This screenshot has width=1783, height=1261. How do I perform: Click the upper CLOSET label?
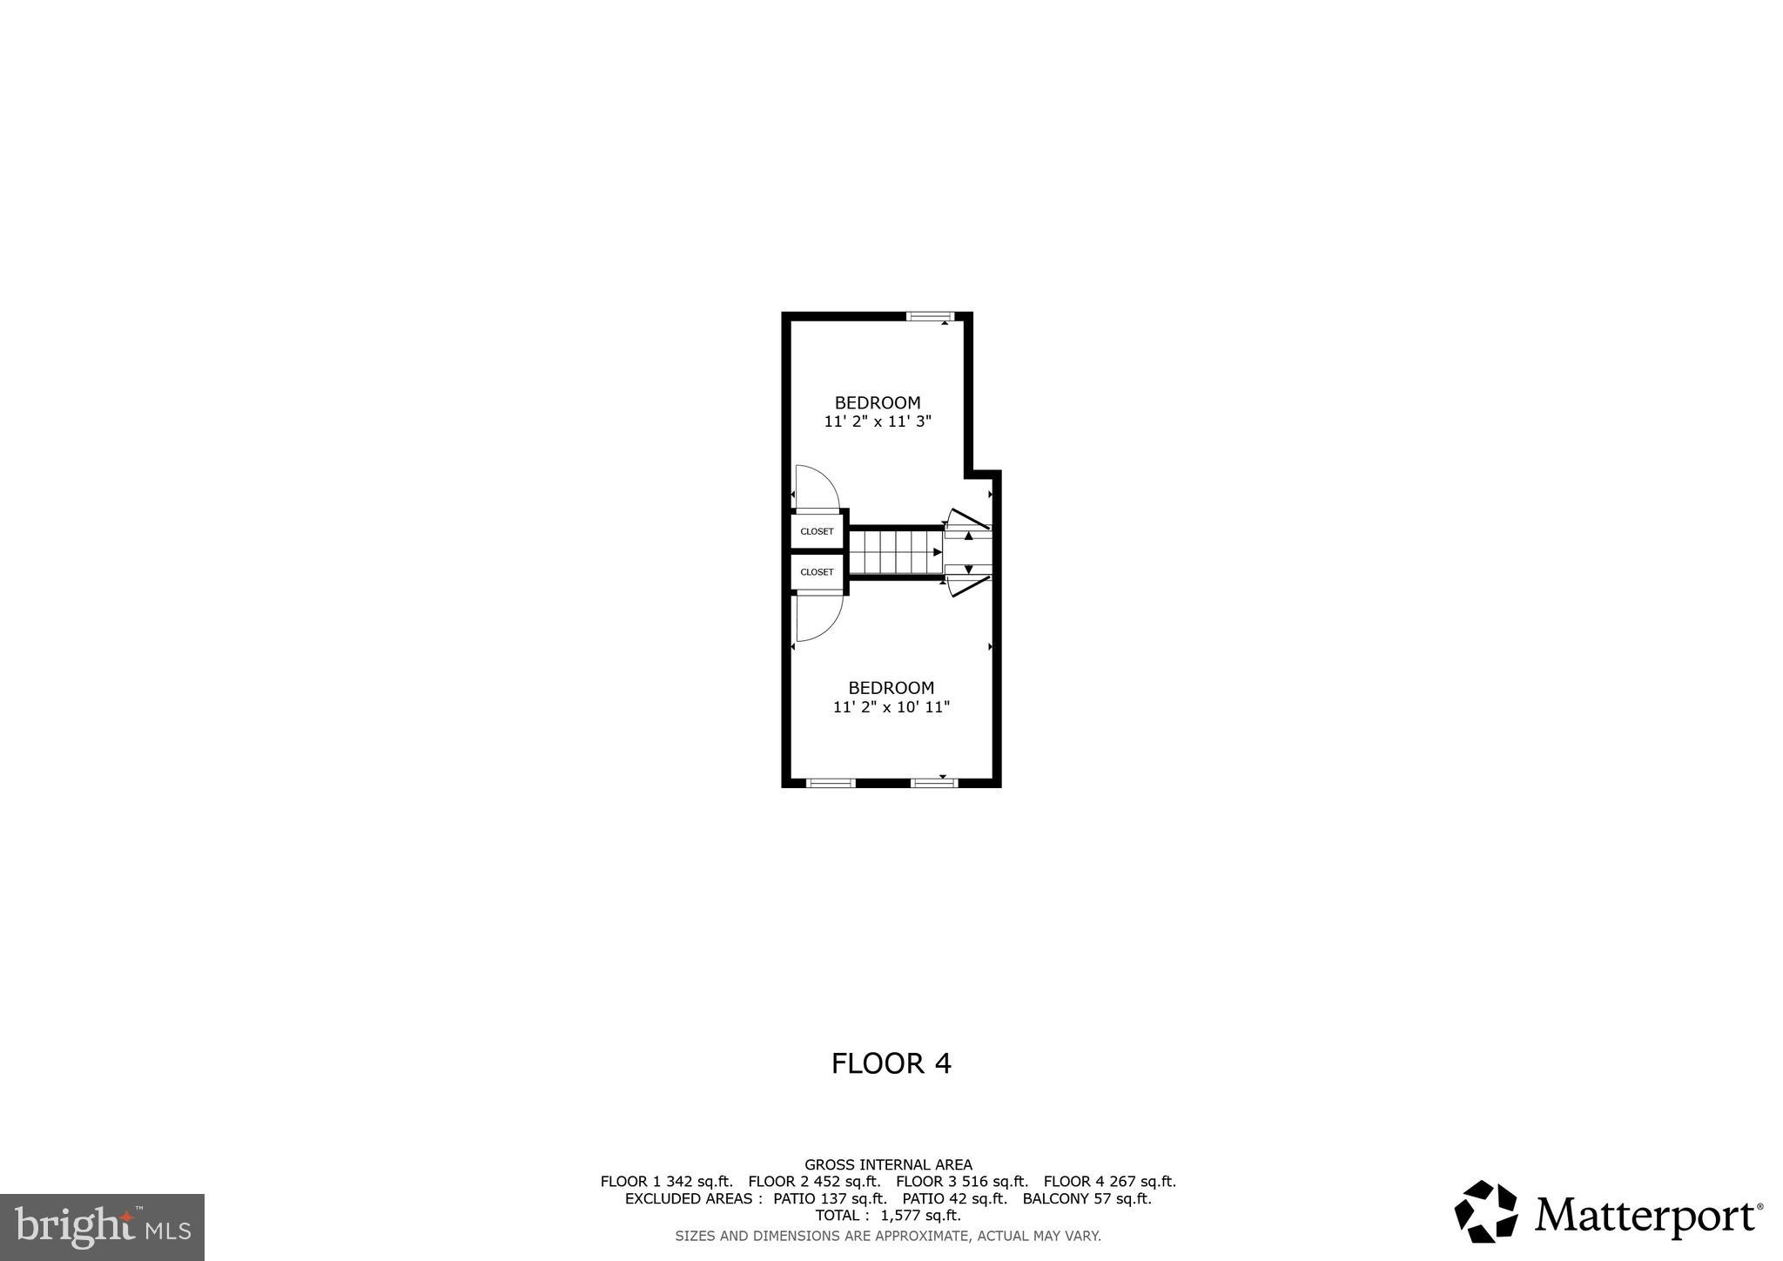[817, 531]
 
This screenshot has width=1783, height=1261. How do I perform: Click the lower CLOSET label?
[817, 572]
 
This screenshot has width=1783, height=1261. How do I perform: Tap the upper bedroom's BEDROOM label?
[878, 402]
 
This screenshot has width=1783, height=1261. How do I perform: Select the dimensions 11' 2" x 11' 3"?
[878, 421]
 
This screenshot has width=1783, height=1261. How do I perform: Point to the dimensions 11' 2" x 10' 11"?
[891, 707]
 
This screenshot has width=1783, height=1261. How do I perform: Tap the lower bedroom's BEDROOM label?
[891, 688]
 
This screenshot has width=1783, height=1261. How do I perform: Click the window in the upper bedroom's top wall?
[931, 316]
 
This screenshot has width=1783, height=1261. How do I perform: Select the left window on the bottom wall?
[831, 783]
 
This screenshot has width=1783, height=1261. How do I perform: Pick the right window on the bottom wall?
[934, 783]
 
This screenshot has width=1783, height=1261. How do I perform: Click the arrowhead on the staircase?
[938, 552]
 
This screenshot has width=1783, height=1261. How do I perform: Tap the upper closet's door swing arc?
[818, 486]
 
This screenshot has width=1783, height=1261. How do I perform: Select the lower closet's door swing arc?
[820, 617]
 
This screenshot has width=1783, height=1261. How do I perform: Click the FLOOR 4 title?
[891, 1063]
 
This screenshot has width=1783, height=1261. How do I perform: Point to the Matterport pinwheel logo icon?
[1486, 1211]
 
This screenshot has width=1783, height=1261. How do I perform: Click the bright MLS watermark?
[102, 1227]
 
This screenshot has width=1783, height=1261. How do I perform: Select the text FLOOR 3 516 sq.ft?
[962, 1182]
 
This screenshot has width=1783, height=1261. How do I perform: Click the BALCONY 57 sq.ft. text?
[1087, 1198]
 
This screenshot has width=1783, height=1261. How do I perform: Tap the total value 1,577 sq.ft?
[919, 1215]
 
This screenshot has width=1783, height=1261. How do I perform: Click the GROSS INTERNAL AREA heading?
[888, 1164]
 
